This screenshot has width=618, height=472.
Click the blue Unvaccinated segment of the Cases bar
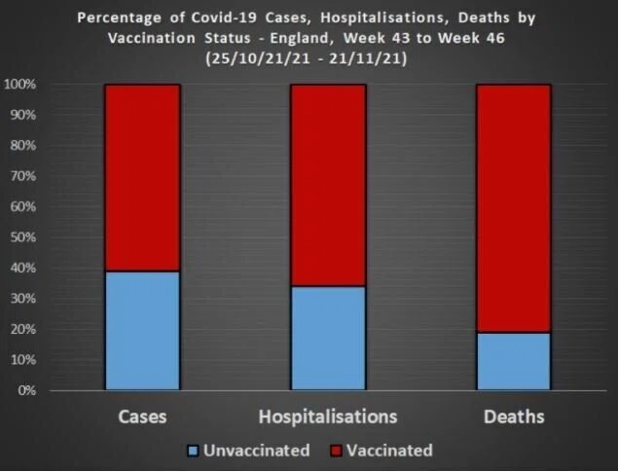(143, 331)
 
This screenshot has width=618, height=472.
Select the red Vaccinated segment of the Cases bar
(143, 178)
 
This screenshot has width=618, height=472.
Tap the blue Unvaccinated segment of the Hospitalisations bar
(328, 338)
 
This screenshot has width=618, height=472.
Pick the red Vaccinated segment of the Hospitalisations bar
(328, 185)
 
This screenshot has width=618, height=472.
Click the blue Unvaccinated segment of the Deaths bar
(514, 361)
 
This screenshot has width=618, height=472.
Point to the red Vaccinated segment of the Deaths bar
(514, 208)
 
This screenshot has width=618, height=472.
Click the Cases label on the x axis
(142, 417)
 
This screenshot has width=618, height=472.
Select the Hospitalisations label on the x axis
(328, 417)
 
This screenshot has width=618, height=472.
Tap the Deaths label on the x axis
(514, 417)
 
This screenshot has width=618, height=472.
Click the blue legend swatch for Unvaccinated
(193, 451)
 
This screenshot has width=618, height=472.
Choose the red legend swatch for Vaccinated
(336, 451)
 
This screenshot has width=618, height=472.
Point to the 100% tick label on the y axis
(19, 85)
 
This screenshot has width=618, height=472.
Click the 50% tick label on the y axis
(22, 237)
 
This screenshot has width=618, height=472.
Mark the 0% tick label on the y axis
(26, 390)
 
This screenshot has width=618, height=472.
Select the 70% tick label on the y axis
(22, 176)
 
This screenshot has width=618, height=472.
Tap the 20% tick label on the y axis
(22, 329)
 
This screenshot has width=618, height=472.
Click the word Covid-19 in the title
(224, 18)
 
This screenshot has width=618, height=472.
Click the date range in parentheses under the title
(307, 59)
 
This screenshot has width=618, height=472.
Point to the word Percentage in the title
(119, 18)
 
